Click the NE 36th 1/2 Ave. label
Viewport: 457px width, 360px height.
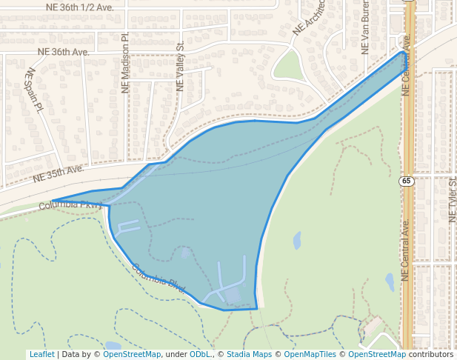[x=79, y=7]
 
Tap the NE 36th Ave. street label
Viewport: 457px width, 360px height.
[x=63, y=53]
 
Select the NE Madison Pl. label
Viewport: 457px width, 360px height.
[x=125, y=62]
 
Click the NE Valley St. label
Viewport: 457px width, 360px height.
[x=180, y=67]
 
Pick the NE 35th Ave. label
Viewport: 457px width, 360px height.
[x=59, y=174]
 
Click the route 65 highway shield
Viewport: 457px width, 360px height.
[x=407, y=181]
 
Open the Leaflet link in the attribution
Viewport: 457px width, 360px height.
[x=41, y=354]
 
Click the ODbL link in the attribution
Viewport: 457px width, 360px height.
[x=200, y=354]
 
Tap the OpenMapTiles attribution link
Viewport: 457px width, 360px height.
[x=310, y=354]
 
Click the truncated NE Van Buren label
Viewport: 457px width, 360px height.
[x=364, y=33]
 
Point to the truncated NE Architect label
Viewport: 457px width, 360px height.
[x=309, y=19]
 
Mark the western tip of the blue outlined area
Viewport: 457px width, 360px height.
[x=53, y=201]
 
